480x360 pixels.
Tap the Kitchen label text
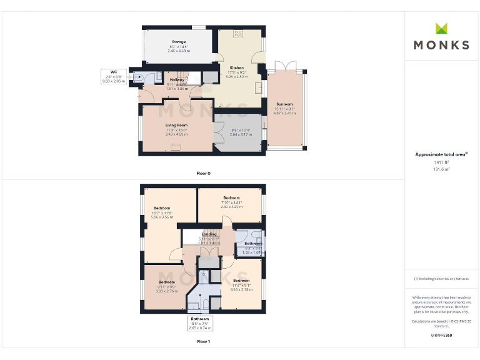pyautogui.click(x=236, y=67)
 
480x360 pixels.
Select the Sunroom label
pyautogui.click(x=284, y=104)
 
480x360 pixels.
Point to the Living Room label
pyautogui.click(x=177, y=125)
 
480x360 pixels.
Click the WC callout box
pyautogui.click(x=114, y=77)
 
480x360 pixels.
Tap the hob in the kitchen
pyautogui.click(x=238, y=33)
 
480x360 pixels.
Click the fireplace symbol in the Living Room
pyautogui.click(x=177, y=146)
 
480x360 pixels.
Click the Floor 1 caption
pyautogui.click(x=203, y=342)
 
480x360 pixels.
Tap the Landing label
pyautogui.click(x=209, y=234)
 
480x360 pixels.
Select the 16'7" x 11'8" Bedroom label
pyautogui.click(x=162, y=208)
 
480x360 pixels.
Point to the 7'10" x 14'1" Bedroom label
pyautogui.click(x=232, y=198)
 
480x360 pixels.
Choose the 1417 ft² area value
pyautogui.click(x=442, y=162)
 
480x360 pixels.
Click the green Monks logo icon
pyautogui.click(x=442, y=28)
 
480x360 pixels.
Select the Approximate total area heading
pyautogui.click(x=441, y=154)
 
